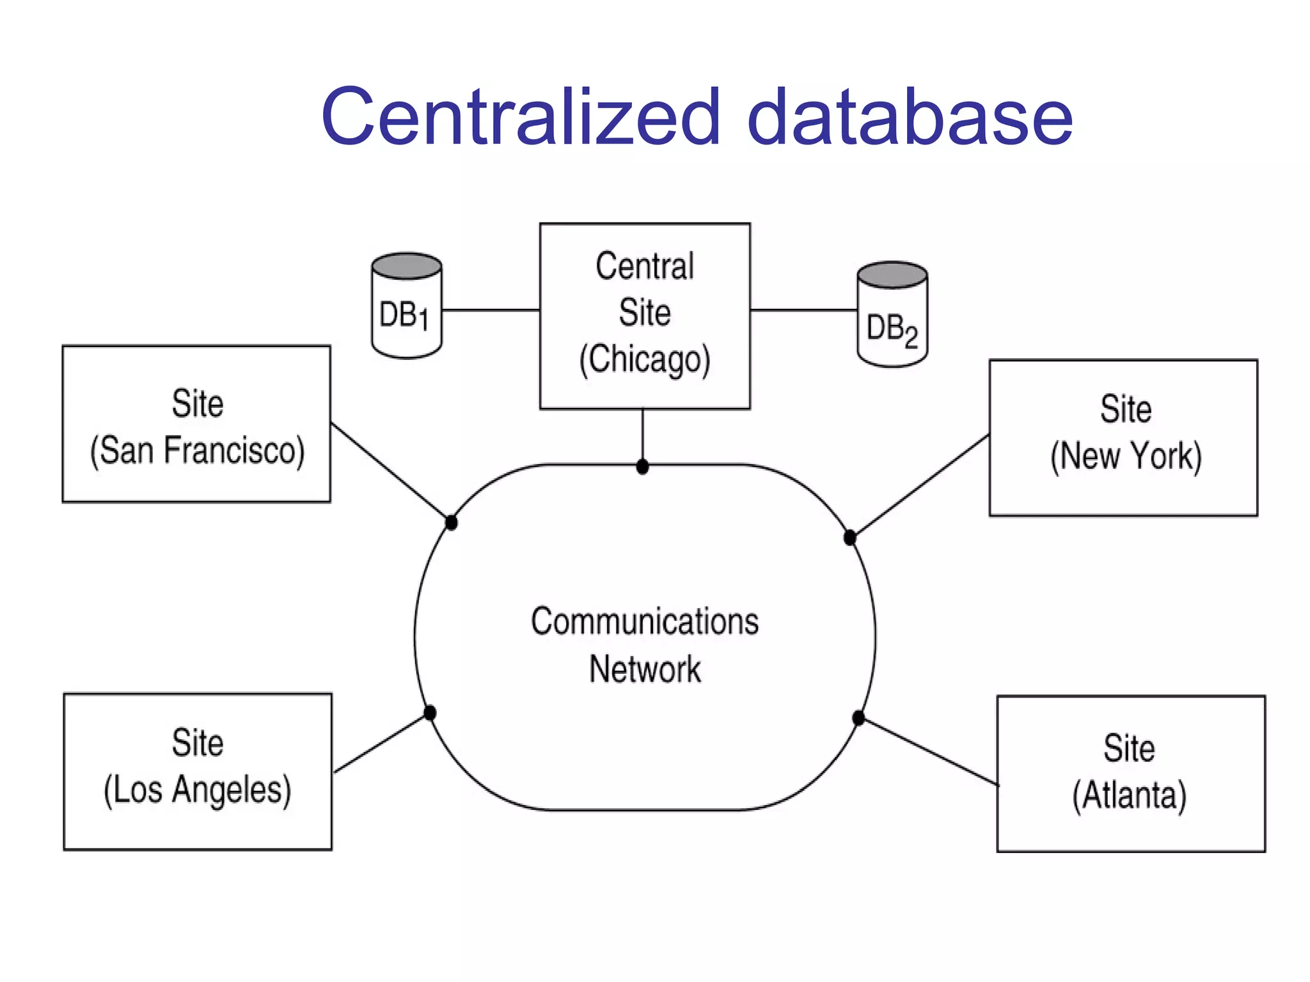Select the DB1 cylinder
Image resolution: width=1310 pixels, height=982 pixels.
coord(406,306)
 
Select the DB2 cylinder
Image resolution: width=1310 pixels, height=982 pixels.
coord(892,315)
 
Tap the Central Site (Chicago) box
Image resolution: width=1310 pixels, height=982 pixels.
coord(645,316)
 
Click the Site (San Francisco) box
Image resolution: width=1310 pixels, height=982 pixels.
coord(196,424)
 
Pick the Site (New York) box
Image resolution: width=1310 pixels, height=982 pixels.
coord(1123,438)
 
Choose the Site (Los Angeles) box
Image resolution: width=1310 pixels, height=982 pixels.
coord(198,772)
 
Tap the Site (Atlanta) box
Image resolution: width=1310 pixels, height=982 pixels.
coord(1131,774)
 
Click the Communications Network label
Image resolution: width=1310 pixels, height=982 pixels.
coord(645,644)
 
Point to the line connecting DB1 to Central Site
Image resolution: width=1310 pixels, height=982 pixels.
coord(491,310)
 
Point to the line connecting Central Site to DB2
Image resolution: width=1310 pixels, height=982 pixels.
coord(803,310)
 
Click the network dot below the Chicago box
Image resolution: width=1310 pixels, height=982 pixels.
coord(643,467)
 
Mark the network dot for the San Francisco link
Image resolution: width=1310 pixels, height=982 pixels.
coord(452,523)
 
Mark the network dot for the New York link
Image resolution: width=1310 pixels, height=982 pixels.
coord(850,538)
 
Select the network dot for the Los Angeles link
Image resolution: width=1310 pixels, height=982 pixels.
coord(430,713)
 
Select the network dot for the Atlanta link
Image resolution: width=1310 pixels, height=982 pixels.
coord(858,718)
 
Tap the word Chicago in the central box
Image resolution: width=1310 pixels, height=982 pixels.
coord(645,360)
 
